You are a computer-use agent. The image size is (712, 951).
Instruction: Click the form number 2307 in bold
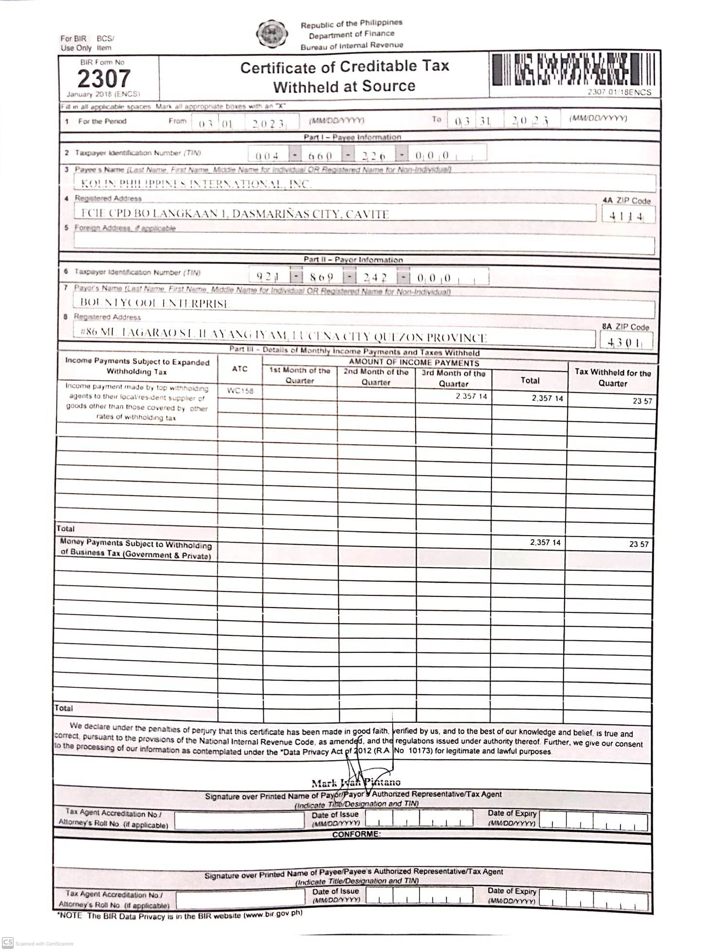pyautogui.click(x=104, y=78)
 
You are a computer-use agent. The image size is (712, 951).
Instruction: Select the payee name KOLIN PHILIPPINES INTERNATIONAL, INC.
pyautogui.click(x=196, y=183)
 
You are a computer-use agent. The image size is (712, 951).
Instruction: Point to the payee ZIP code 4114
pyautogui.click(x=627, y=216)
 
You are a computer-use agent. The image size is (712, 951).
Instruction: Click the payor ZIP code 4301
pyautogui.click(x=625, y=342)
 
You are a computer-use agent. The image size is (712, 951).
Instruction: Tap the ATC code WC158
pyautogui.click(x=240, y=391)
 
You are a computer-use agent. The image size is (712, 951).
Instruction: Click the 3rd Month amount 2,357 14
pyautogui.click(x=471, y=396)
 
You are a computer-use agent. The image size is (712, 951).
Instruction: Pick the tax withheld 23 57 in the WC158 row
pyautogui.click(x=642, y=401)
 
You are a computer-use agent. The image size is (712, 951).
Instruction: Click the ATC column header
pyautogui.click(x=239, y=369)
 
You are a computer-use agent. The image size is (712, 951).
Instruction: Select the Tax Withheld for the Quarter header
pyautogui.click(x=612, y=377)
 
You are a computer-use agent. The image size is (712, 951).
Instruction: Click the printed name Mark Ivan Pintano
pyautogui.click(x=356, y=783)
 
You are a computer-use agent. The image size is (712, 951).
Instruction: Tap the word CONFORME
pyautogui.click(x=356, y=834)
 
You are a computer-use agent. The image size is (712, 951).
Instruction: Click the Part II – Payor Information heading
pyautogui.click(x=353, y=260)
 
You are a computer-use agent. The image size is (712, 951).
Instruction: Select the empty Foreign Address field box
pyautogui.click(x=364, y=244)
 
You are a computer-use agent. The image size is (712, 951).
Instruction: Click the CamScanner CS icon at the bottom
pyautogui.click(x=7, y=942)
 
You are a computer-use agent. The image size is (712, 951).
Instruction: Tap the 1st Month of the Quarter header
pyautogui.click(x=299, y=375)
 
